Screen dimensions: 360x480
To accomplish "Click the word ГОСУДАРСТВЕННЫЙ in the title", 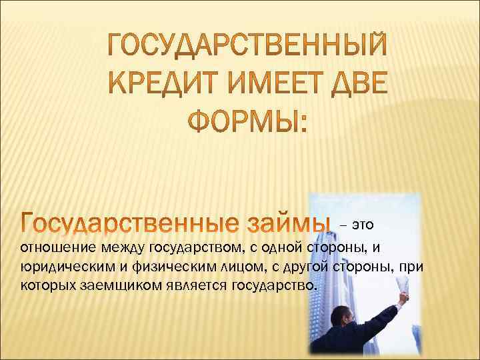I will pos(247,45).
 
